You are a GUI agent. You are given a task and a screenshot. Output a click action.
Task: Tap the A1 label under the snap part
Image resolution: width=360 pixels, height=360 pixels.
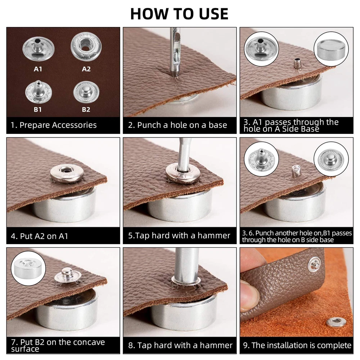38,69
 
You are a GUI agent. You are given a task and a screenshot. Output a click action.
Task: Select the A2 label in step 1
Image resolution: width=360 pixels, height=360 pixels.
86,69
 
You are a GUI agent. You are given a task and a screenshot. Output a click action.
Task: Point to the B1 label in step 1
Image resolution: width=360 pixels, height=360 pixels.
38,109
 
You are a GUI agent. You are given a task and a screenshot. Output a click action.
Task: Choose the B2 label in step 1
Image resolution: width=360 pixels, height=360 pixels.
86,109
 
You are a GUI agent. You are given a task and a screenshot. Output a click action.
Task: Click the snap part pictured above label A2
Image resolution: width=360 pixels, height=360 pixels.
86,47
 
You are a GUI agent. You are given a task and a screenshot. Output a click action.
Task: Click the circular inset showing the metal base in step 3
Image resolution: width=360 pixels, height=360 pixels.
331,49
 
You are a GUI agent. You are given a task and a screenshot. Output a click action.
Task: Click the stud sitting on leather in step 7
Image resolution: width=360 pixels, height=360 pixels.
68,275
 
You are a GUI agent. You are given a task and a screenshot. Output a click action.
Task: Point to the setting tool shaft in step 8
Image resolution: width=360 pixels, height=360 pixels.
186,264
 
